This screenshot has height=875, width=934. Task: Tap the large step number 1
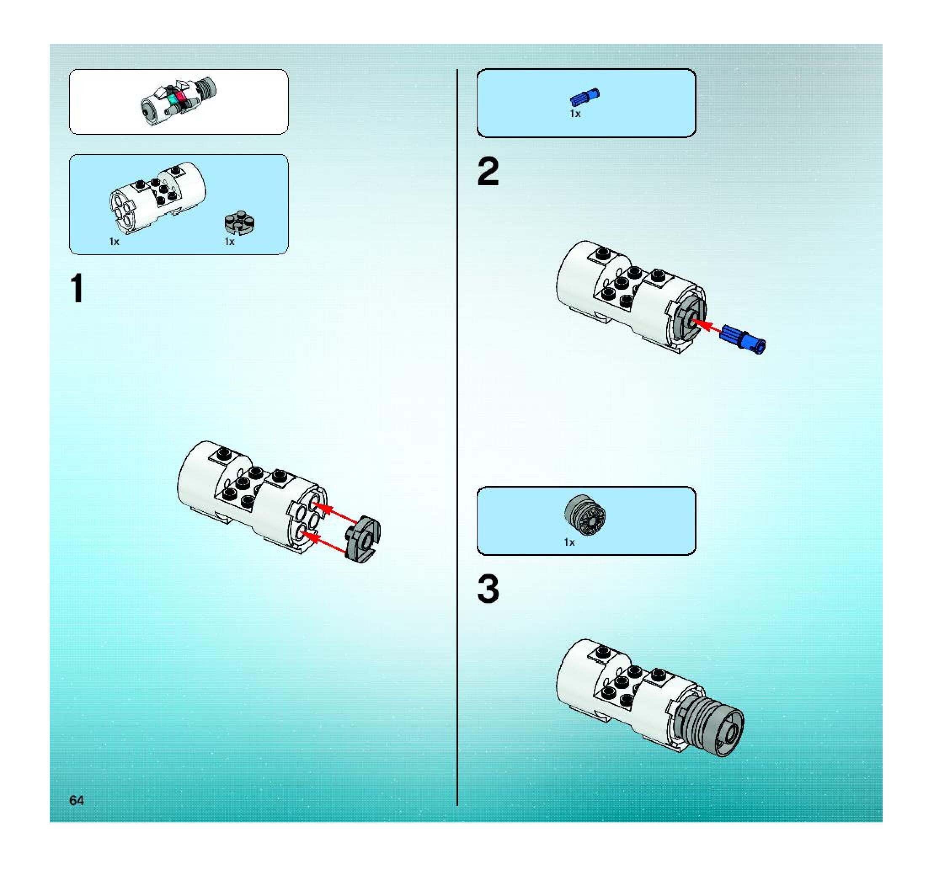coord(77,288)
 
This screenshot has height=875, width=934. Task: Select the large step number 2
coord(488,172)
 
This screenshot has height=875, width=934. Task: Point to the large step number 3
coord(488,589)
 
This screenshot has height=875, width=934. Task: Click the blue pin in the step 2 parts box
coord(584,97)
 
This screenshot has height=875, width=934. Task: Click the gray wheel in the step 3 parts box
coord(585,515)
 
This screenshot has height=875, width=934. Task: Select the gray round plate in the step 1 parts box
coord(240,222)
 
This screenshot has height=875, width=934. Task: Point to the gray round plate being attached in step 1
coord(363,539)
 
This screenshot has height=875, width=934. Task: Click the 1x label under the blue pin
coord(575,114)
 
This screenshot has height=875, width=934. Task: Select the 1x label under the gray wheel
coord(569,542)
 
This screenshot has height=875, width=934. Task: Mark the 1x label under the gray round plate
coord(229,242)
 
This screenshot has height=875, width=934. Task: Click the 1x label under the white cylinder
coord(114,242)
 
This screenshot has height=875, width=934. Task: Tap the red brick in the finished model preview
coord(181,97)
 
